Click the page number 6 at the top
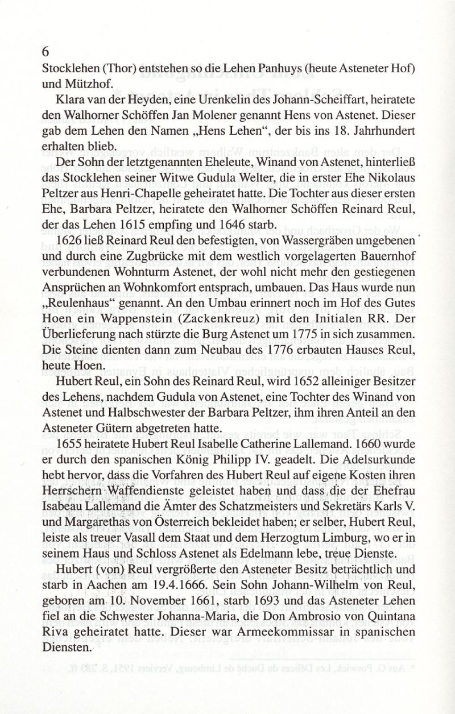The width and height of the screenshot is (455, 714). [46, 51]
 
